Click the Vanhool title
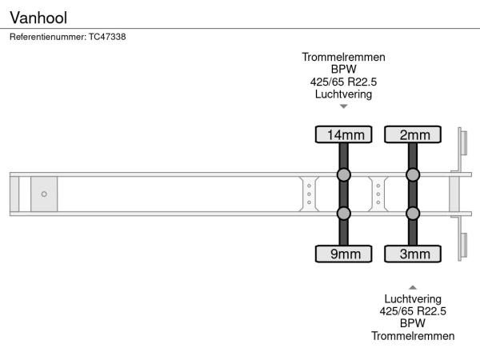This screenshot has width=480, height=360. coord(38,18)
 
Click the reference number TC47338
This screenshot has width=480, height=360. coord(107,37)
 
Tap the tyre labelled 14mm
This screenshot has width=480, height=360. coord(343,134)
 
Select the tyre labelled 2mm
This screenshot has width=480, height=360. coord(413,134)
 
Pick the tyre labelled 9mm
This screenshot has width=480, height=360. coord(343,254)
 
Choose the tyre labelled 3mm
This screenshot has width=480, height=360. coord(413,254)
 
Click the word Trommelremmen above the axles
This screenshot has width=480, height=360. coord(343,57)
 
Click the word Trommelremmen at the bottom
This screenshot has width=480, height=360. coord(413,336)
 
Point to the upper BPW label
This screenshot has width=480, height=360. coord(343,69)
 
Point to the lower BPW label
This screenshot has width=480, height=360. coord(413,323)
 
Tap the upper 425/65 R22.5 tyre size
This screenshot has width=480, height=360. coord(343,82)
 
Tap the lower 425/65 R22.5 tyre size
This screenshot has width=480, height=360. coord(413,311)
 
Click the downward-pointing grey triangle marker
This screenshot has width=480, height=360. coord(343,106)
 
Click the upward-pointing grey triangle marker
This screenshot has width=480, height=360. coord(413,287)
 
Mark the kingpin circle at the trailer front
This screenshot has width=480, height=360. coord(44,194)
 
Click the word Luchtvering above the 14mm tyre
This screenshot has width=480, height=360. coord(343,94)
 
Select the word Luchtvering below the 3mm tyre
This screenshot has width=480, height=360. coord(413,298)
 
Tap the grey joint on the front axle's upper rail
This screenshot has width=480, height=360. coord(343,174)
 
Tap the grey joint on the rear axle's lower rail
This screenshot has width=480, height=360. coord(413,214)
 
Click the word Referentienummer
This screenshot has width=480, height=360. coord(48,37)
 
